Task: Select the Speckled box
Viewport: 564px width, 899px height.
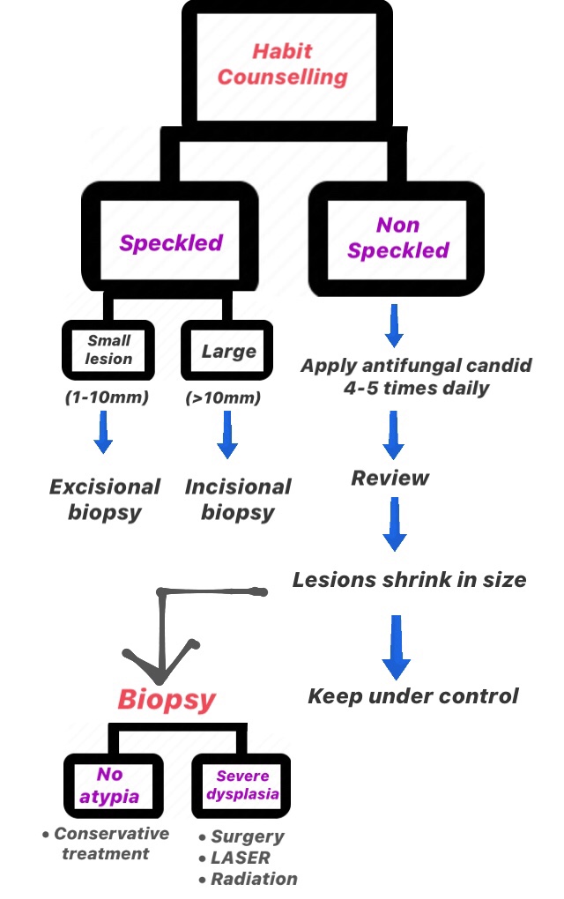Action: (171, 242)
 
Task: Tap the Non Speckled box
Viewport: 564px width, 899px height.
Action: (397, 238)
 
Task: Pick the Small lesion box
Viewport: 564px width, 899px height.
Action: (109, 350)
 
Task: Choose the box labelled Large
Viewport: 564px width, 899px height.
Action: (229, 351)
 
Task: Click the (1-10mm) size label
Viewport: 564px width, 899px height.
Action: (107, 397)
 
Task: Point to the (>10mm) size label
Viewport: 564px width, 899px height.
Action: (223, 397)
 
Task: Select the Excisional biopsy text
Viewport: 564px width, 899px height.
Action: (105, 500)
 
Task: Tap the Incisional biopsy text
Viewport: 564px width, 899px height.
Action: (238, 500)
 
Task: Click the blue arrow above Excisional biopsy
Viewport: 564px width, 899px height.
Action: (104, 434)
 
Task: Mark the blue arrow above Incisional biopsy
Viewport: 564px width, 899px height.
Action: (227, 434)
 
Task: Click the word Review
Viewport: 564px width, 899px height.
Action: (390, 479)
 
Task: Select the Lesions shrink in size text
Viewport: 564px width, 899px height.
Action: (409, 580)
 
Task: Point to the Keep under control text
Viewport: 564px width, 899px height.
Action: (413, 696)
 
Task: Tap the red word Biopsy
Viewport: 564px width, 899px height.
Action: (167, 700)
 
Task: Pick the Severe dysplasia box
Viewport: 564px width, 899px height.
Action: (241, 785)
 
